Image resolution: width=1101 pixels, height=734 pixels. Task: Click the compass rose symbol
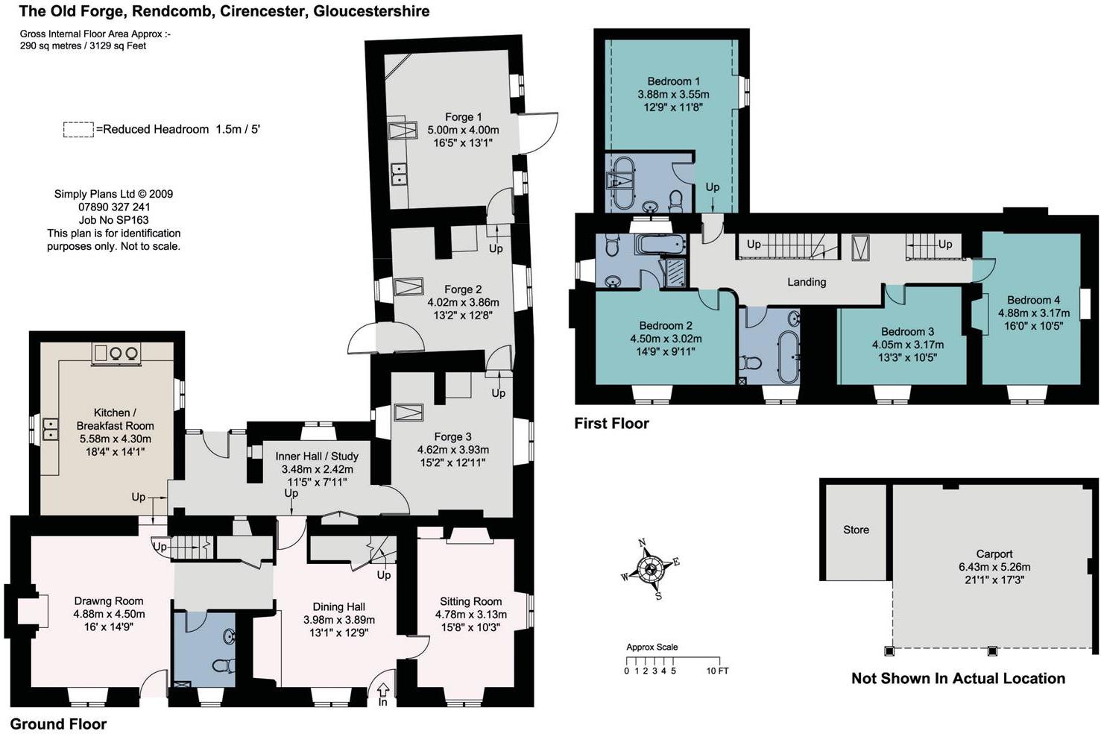[651, 570]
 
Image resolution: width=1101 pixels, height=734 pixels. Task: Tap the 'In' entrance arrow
[383, 688]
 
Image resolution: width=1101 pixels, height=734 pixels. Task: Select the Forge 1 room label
[463, 117]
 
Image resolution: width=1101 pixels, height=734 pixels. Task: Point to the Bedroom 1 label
[673, 81]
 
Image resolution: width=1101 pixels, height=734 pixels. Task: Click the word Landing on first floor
[807, 282]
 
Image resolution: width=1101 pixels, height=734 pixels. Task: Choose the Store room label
[856, 530]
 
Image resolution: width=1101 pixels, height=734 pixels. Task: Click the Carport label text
[994, 554]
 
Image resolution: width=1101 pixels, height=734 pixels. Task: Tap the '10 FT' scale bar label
[718, 671]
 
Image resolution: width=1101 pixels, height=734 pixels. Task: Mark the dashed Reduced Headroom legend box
[79, 129]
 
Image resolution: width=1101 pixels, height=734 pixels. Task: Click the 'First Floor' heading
[611, 424]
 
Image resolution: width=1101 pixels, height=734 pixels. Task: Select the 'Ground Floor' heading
[58, 724]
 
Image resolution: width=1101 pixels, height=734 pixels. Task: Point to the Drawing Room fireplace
[33, 610]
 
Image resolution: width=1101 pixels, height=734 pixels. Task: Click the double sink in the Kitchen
[50, 428]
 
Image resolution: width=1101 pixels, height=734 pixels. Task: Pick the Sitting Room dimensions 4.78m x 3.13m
[471, 615]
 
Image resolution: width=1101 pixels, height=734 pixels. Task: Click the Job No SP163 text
[113, 220]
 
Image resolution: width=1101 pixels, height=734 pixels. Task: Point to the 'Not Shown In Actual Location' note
[958, 678]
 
